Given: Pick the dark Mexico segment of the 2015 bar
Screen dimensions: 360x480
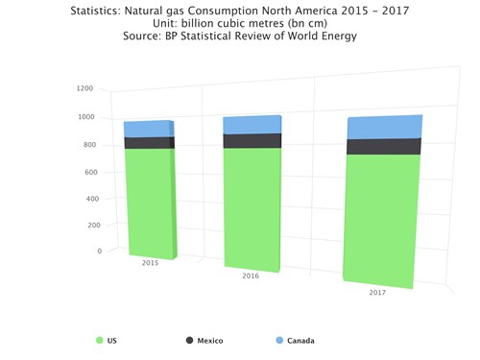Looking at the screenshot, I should point(148,142).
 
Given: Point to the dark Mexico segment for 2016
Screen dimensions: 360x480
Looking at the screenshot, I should point(252,140).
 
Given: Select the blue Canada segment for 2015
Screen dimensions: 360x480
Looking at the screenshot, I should point(148,129).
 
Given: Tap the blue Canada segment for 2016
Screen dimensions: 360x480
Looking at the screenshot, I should point(252,125).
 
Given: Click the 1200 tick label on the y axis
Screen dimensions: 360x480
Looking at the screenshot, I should point(84,88).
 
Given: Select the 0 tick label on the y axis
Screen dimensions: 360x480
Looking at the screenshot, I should point(98,252).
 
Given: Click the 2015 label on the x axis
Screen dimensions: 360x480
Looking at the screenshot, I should point(150,262).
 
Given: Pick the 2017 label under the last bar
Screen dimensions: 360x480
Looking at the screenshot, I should point(377,292).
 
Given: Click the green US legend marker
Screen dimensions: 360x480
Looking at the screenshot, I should point(100,340).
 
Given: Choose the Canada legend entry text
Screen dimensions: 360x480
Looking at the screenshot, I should point(300,340).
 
